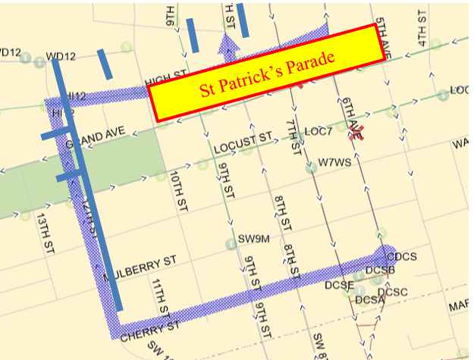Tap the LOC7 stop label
(319, 132)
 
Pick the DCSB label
(380, 270)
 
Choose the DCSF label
(339, 285)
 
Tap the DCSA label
(370, 300)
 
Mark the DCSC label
(393, 293)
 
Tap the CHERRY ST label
(149, 329)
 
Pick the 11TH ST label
(159, 296)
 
